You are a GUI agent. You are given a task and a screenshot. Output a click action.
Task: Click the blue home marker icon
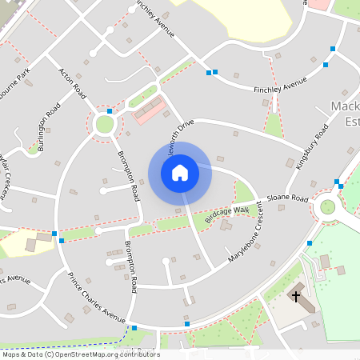click(x=180, y=173)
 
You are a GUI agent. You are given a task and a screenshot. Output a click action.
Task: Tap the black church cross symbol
click(x=296, y=296)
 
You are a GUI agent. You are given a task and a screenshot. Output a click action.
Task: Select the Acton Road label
click(x=72, y=82)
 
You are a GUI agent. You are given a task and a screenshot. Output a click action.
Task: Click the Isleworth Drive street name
click(x=178, y=137)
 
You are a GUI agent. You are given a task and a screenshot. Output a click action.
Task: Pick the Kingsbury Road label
click(x=311, y=146)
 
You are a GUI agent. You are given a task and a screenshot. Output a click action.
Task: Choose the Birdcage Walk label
click(x=227, y=214)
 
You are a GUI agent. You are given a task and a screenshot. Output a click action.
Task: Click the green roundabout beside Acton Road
click(x=104, y=124)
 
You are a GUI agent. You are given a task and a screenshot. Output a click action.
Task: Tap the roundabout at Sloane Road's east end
click(x=327, y=206)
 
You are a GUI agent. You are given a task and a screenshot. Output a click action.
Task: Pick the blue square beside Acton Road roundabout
click(x=110, y=110)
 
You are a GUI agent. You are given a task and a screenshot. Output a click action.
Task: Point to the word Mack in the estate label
click(x=344, y=108)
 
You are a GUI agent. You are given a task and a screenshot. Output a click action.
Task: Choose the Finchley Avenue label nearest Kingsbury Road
click(x=280, y=84)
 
